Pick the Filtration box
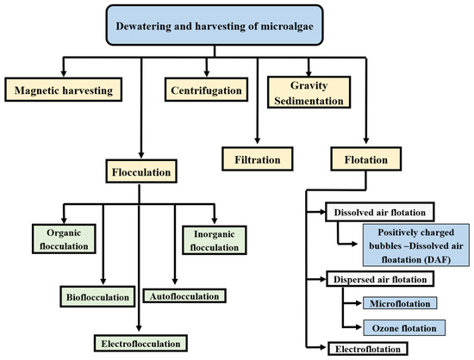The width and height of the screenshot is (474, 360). click(x=256, y=158)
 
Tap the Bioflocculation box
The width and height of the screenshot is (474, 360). click(x=100, y=297)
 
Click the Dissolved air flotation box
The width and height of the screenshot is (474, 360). click(x=377, y=210)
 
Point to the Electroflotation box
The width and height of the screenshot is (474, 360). click(x=366, y=349)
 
